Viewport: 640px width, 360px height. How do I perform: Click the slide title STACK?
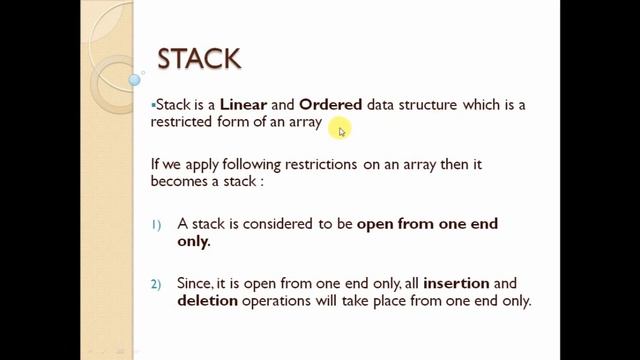pyautogui.click(x=199, y=58)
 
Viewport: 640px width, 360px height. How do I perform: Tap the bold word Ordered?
pyautogui.click(x=331, y=105)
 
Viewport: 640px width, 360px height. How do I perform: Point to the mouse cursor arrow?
pyautogui.click(x=341, y=130)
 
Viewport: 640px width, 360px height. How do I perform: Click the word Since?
pyautogui.click(x=195, y=284)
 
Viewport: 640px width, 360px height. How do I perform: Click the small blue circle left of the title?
pyautogui.click(x=135, y=79)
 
